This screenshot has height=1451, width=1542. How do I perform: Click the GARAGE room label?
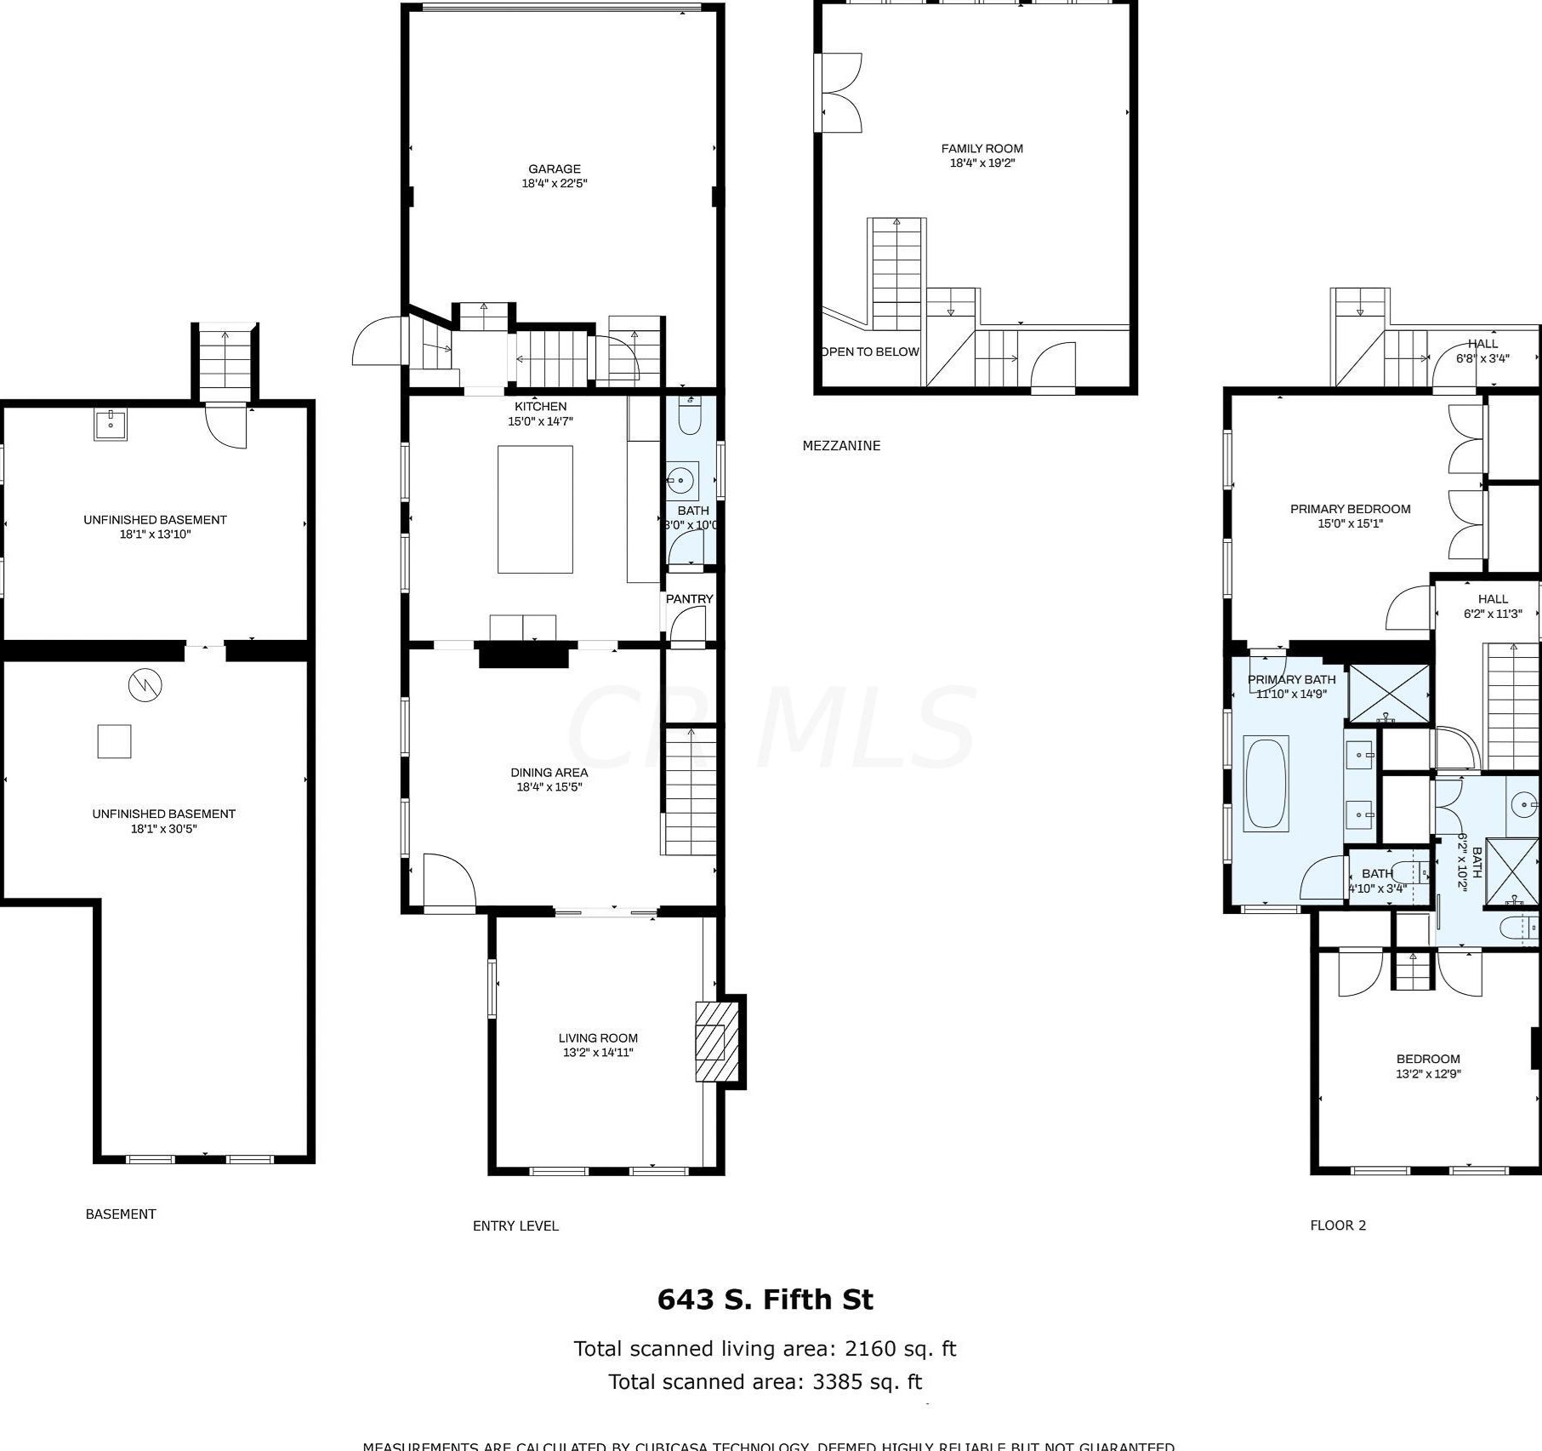[x=555, y=169]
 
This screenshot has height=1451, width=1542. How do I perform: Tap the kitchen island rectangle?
[x=535, y=509]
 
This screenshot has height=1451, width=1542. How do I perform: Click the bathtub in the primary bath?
[x=1266, y=784]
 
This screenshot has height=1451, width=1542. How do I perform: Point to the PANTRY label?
[x=689, y=599]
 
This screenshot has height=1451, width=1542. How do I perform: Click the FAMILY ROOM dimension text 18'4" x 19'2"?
[x=982, y=163]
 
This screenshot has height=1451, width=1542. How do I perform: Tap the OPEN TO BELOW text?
[x=870, y=351]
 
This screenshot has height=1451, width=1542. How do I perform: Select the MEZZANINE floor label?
[x=841, y=445]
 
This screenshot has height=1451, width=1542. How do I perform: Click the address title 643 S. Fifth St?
[x=765, y=1300]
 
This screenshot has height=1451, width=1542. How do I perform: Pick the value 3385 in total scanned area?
[x=837, y=1381]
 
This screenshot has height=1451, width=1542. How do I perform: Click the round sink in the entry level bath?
[x=680, y=481]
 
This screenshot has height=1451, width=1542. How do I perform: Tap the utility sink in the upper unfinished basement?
[x=111, y=424]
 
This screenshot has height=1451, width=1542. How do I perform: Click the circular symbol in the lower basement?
[x=145, y=684]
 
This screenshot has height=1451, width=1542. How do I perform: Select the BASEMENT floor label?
[x=121, y=1214]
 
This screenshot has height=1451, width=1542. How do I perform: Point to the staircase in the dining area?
[x=690, y=791]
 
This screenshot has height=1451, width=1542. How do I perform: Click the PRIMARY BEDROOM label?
[x=1350, y=509]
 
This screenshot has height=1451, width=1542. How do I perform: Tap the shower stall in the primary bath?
[x=1389, y=694]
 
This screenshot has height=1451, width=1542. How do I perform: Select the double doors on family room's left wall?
[x=839, y=93]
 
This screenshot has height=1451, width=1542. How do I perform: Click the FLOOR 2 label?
[x=1338, y=1225]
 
